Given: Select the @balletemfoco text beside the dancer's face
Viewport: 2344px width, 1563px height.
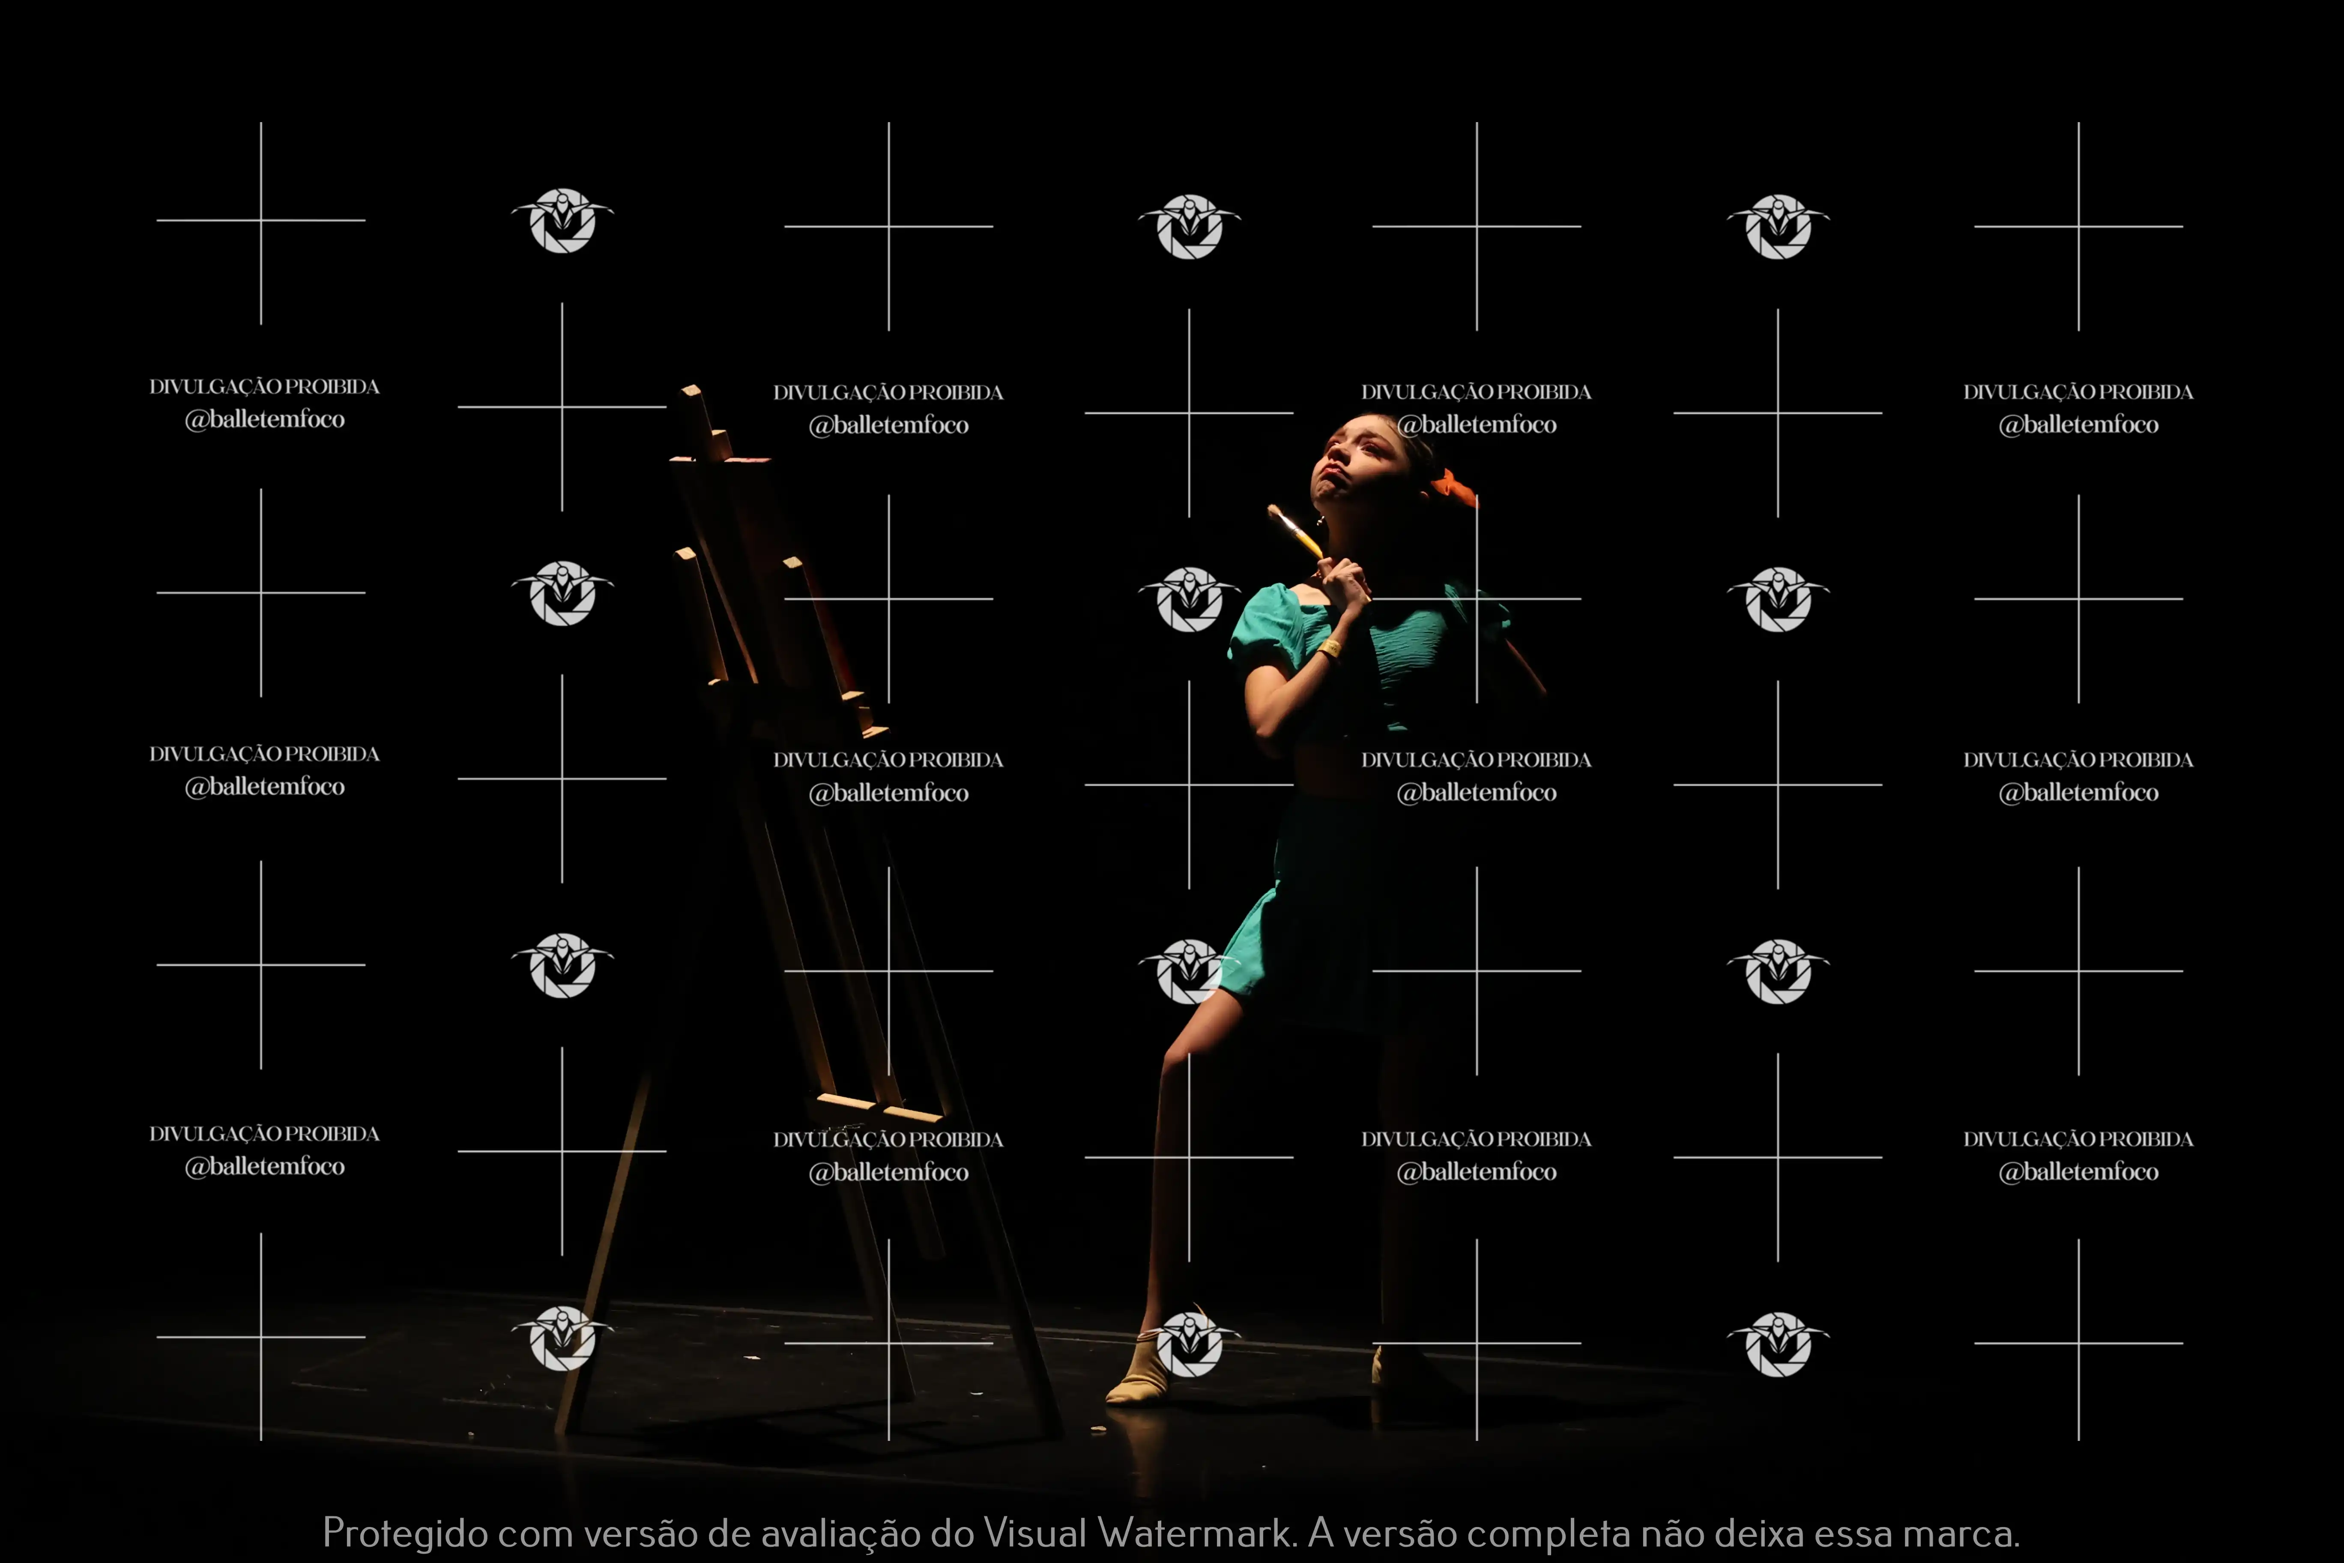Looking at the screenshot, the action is (1476, 425).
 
